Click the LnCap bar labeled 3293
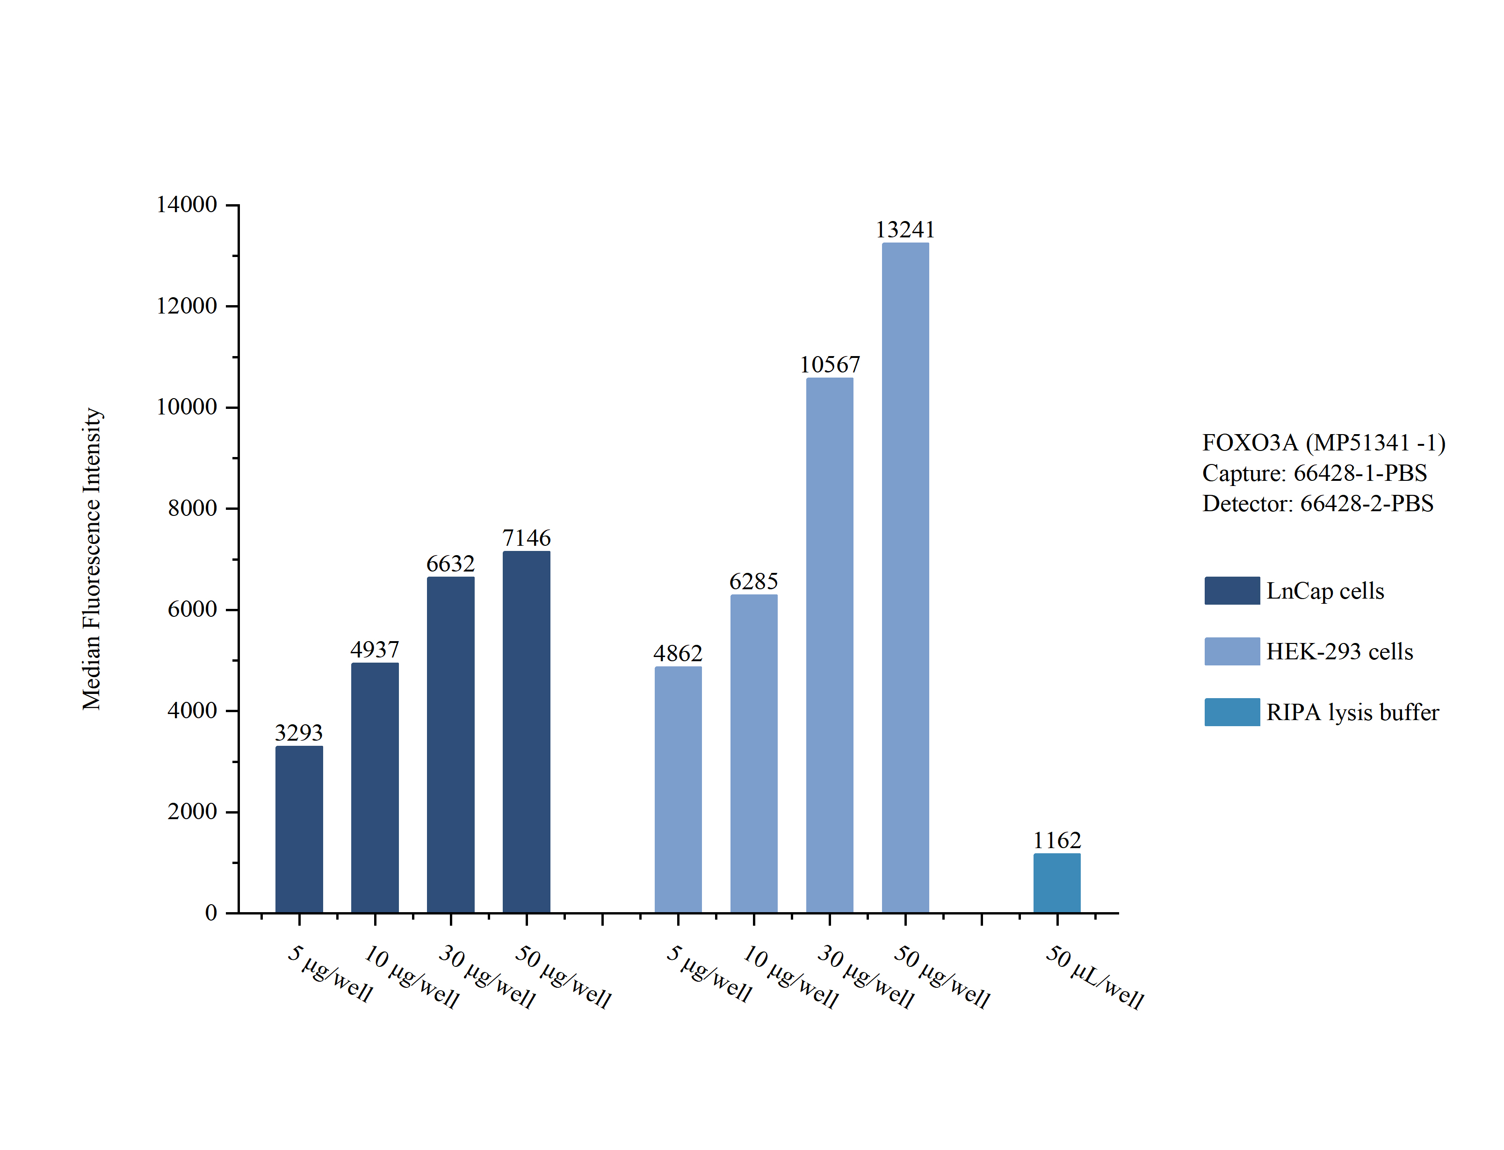pos(299,829)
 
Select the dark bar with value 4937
pos(375,787)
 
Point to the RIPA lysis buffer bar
pos(1057,883)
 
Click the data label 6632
pos(450,564)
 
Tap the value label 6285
pos(753,582)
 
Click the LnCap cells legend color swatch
pos(1231,591)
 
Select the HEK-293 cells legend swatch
pos(1231,651)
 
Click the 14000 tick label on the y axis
pos(186,205)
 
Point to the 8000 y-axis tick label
pos(193,508)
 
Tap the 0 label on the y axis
pos(211,913)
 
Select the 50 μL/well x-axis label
pos(1094,977)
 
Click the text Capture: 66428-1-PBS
pos(1314,473)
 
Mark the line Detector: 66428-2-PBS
pos(1317,504)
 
